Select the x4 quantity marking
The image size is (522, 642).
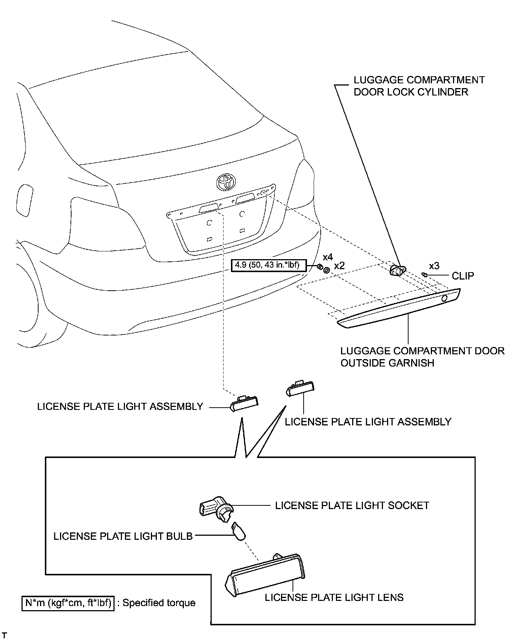[328, 257]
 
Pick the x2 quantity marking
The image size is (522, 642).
[339, 266]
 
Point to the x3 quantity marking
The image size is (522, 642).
[434, 266]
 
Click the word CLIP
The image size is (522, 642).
[463, 276]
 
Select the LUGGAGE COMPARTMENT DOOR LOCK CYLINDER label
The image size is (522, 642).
[419, 86]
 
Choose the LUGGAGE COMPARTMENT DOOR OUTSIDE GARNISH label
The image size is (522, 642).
[422, 357]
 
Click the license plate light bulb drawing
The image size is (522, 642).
[239, 532]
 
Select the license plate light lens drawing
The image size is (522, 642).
[265, 576]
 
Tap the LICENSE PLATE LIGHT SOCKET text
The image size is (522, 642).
[352, 505]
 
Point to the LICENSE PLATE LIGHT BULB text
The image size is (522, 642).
[123, 536]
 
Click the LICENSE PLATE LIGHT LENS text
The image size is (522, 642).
[334, 597]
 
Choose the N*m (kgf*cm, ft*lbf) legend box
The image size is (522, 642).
[68, 603]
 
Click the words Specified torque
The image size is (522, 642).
[159, 603]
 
